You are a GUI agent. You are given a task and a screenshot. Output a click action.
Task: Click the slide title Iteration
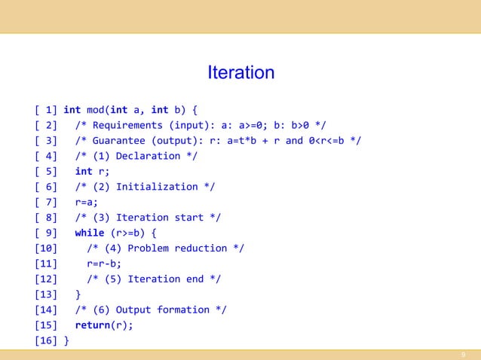pos(240,74)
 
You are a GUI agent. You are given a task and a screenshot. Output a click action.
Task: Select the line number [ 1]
pos(45,108)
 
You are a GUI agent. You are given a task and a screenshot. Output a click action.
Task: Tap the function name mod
pos(96,108)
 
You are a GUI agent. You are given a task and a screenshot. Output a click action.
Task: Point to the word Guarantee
pos(120,139)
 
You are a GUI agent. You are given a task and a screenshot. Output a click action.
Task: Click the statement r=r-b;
pos(105,263)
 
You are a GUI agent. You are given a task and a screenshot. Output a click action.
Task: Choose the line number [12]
pos(45,279)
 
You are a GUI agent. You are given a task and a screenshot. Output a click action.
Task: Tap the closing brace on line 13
pos(78,294)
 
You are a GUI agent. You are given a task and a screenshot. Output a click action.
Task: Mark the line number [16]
pos(45,340)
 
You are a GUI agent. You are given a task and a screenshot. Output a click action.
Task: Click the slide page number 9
pos(464,353)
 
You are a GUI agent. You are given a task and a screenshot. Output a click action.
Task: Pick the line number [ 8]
pos(45,217)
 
